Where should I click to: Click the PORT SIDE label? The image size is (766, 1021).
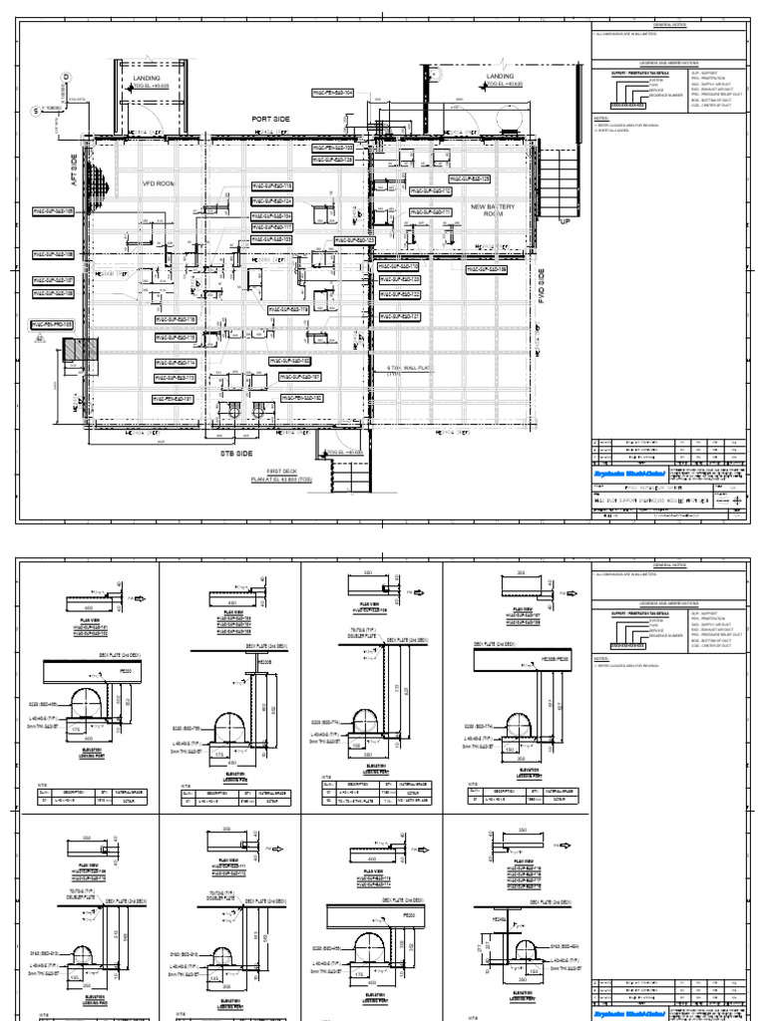(268, 119)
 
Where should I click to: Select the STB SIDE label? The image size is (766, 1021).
(237, 454)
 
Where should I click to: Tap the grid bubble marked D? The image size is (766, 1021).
(66, 77)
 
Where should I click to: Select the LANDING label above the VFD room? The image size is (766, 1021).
(147, 77)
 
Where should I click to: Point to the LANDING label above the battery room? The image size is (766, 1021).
(500, 77)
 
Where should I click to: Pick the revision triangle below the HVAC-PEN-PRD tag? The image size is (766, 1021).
(41, 339)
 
